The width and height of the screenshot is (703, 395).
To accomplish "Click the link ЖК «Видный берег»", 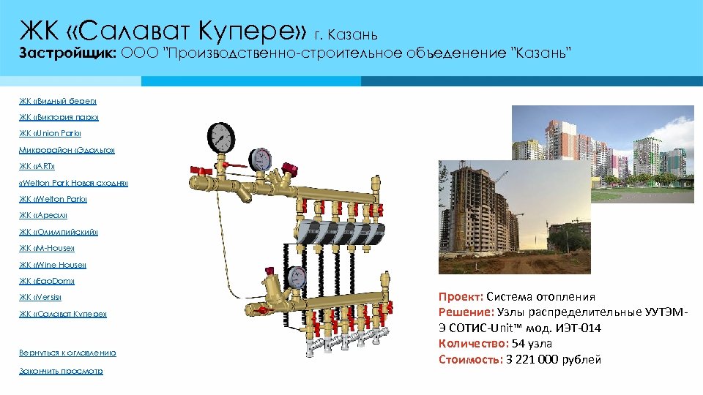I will coord(58,101).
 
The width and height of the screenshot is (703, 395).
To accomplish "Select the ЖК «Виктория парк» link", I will coord(59,117).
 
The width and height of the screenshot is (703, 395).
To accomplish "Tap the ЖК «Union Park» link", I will coord(51,134).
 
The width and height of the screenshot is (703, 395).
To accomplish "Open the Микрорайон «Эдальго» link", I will coord(67,150).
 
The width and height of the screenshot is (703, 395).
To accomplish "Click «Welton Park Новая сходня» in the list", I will coord(73,183).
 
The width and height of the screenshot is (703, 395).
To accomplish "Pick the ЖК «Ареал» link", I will coord(43,216).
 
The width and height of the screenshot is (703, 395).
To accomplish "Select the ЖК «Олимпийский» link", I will coord(59,232).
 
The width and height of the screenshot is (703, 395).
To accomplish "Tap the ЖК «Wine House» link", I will coord(53,265).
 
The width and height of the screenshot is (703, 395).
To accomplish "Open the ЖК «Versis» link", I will coord(40,297).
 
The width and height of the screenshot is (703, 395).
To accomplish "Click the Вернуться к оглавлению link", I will coord(67,353).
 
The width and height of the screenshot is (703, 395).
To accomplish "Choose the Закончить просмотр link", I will coord(61,371).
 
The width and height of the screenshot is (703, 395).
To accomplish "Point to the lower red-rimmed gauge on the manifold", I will coord(297,276).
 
